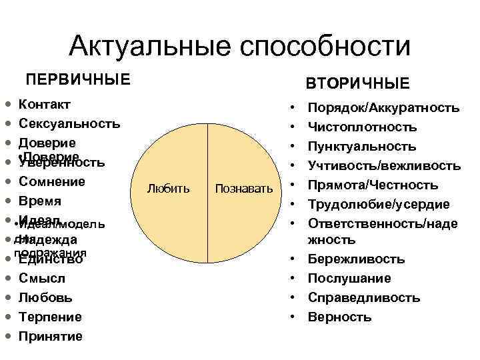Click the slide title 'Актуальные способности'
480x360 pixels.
coord(239,47)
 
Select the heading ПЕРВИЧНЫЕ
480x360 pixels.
coord(78,79)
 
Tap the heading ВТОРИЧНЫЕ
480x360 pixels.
coord(357,84)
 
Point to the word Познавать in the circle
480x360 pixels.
coord(243,189)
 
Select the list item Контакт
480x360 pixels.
coord(45,104)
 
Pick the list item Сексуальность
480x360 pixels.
coord(70,123)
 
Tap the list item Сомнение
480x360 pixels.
coord(52,181)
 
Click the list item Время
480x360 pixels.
coord(41,201)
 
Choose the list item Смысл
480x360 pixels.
coord(42,278)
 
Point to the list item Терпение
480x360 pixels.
coord(51,317)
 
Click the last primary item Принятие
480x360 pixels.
coord(51,336)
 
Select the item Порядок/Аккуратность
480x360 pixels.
coord(383,108)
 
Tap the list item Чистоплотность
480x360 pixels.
coord(362,127)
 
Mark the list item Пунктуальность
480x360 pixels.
coord(362,146)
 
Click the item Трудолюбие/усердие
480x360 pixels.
coord(377,204)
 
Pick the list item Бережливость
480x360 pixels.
coord(356,259)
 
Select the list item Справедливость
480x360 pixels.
coord(364,297)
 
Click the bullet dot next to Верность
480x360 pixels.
coord(293,317)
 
